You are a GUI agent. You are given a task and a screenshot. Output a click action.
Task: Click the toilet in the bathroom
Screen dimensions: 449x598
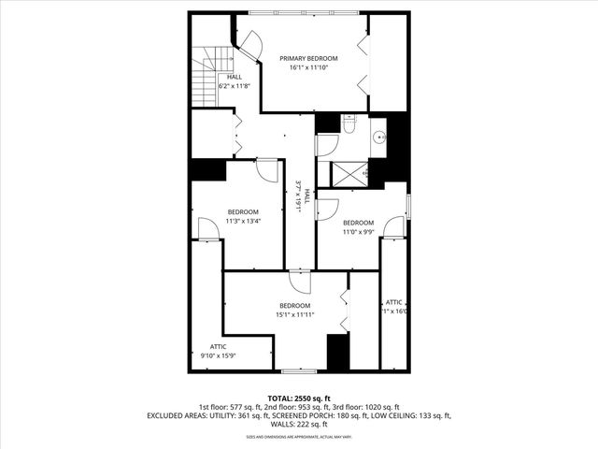(348, 124)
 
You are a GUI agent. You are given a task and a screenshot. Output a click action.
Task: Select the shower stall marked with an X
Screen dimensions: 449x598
(342, 173)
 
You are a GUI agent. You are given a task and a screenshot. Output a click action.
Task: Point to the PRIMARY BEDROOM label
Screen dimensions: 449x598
(308, 58)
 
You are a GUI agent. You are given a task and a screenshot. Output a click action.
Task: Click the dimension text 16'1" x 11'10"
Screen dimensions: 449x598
(308, 68)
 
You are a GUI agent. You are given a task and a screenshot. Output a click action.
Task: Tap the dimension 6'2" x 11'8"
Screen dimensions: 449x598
(234, 86)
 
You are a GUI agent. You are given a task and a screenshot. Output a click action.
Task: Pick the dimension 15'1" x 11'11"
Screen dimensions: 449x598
(294, 315)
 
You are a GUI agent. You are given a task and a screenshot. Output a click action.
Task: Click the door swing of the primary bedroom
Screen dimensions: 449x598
(251, 38)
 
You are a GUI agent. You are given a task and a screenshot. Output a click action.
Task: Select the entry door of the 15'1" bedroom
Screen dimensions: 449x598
(299, 281)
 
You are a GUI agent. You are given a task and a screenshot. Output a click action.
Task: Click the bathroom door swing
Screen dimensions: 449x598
(326, 145)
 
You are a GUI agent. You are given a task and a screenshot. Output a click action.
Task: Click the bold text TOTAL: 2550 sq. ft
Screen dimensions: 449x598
(298, 398)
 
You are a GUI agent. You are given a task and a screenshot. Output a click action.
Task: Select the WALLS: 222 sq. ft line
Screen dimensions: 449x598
(298, 424)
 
